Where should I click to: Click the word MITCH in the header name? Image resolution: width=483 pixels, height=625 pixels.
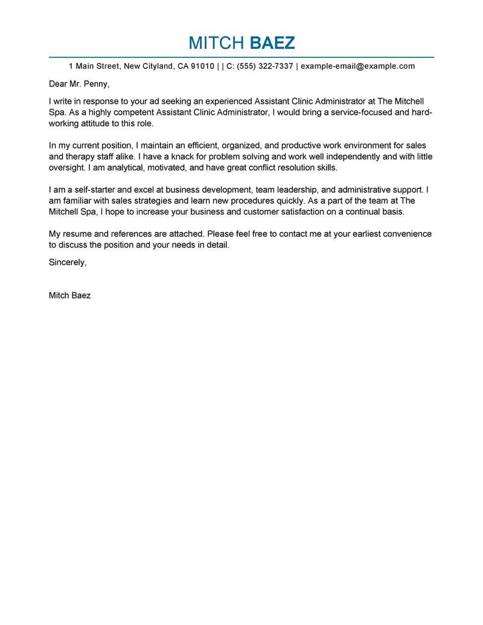click(x=214, y=43)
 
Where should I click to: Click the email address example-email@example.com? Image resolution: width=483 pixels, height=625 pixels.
click(x=358, y=66)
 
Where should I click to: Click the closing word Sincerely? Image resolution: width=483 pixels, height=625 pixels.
click(x=68, y=263)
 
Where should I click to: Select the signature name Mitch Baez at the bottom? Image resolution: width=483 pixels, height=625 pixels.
click(x=69, y=296)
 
